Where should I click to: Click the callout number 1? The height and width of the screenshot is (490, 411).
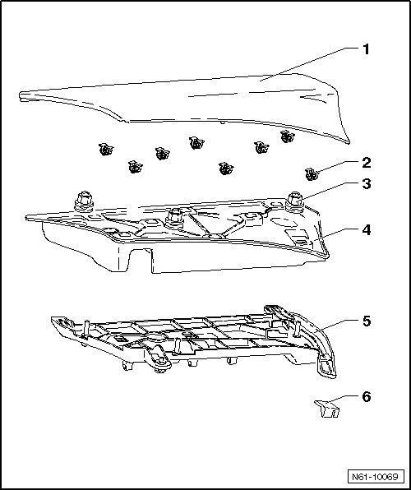(366, 49)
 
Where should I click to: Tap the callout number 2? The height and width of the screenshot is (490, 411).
(367, 163)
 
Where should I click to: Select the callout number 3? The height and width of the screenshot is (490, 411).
(367, 184)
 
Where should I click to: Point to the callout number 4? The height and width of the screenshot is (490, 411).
(367, 229)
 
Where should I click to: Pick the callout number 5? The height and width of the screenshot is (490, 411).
(367, 321)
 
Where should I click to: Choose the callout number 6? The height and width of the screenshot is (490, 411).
(367, 396)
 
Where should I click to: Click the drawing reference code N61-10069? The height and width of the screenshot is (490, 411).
(375, 477)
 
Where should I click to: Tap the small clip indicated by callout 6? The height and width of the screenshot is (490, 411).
(327, 409)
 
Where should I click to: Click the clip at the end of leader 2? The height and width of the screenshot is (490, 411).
(312, 174)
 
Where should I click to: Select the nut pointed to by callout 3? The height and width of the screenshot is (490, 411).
(295, 202)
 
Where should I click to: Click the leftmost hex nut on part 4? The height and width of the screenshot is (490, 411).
(84, 201)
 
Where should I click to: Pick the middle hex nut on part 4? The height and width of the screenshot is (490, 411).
(175, 219)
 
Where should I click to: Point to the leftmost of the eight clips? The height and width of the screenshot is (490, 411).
(106, 149)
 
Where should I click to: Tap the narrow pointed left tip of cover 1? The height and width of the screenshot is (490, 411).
(21, 95)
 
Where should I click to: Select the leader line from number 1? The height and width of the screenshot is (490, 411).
(310, 64)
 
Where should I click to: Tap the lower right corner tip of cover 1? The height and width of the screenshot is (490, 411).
(349, 142)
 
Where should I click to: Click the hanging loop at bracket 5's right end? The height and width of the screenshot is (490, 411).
(327, 367)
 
